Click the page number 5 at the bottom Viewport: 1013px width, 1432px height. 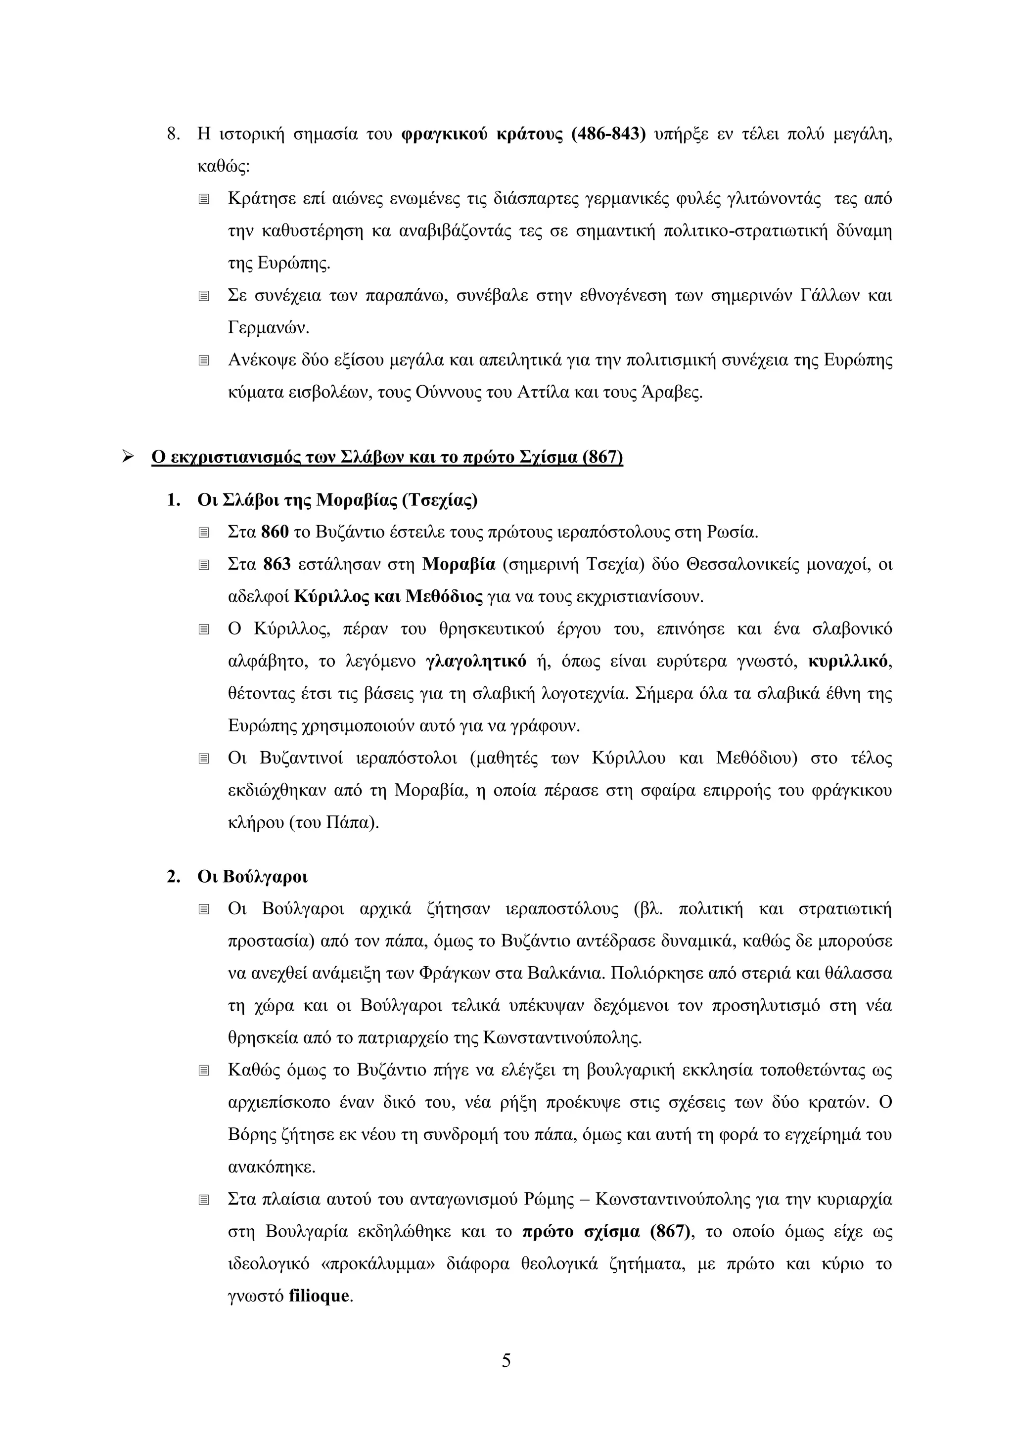(x=506, y=1360)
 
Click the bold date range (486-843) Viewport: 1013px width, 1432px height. (x=608, y=134)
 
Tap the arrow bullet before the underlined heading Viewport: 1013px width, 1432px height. (x=129, y=457)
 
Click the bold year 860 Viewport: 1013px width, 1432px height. (x=275, y=532)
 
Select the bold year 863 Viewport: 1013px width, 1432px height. (x=276, y=564)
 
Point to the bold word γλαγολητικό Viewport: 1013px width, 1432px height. (x=475, y=661)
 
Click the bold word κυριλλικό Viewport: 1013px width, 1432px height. (x=848, y=661)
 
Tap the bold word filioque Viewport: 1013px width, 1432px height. (x=318, y=1296)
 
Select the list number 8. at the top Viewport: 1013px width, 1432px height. (x=174, y=134)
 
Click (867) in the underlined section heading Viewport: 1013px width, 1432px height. (x=602, y=457)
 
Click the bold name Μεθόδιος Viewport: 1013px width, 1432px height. (x=444, y=597)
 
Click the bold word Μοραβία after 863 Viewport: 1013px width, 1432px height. (x=459, y=564)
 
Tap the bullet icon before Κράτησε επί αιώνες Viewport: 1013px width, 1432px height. (x=203, y=199)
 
